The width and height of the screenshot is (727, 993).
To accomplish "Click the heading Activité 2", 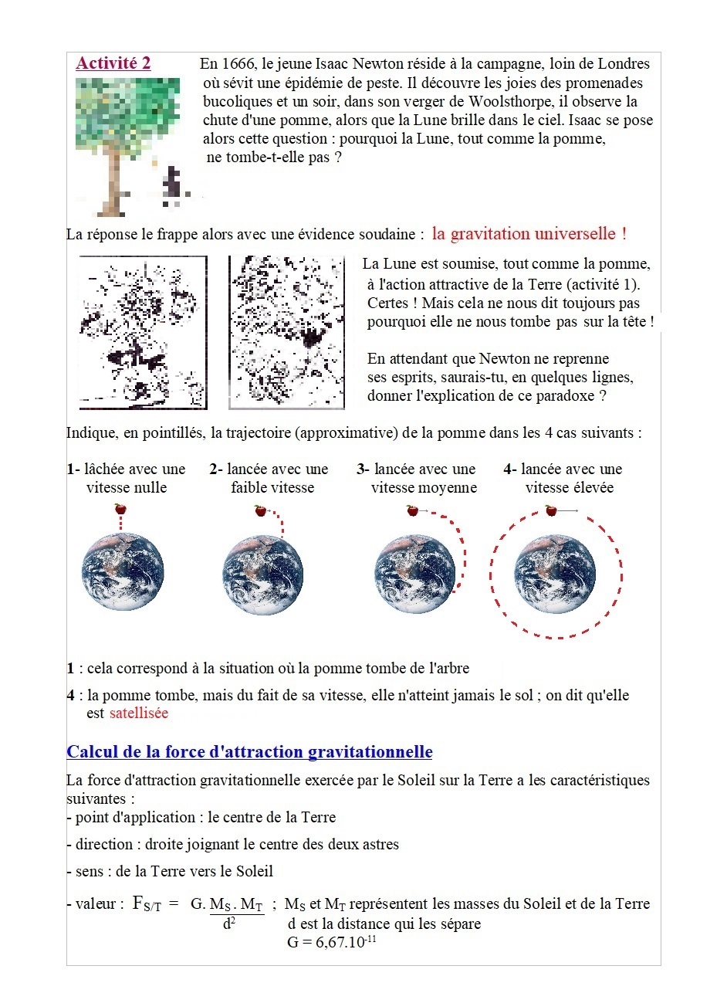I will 113,64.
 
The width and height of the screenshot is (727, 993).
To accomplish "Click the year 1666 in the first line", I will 238,64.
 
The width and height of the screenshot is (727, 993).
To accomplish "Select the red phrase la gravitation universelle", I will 528,233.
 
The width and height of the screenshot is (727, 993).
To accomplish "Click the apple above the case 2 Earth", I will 260,510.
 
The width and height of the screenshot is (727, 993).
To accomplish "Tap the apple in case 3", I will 412,510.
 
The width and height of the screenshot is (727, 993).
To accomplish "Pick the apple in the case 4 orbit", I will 550,510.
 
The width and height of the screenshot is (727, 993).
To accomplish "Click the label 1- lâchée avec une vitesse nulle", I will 126,478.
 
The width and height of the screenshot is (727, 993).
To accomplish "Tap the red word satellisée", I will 139,713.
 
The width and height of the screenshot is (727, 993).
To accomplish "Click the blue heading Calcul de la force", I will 249,752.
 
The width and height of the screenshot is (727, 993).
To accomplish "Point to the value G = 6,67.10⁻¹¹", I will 330,944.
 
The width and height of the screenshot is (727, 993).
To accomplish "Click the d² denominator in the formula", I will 228,924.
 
